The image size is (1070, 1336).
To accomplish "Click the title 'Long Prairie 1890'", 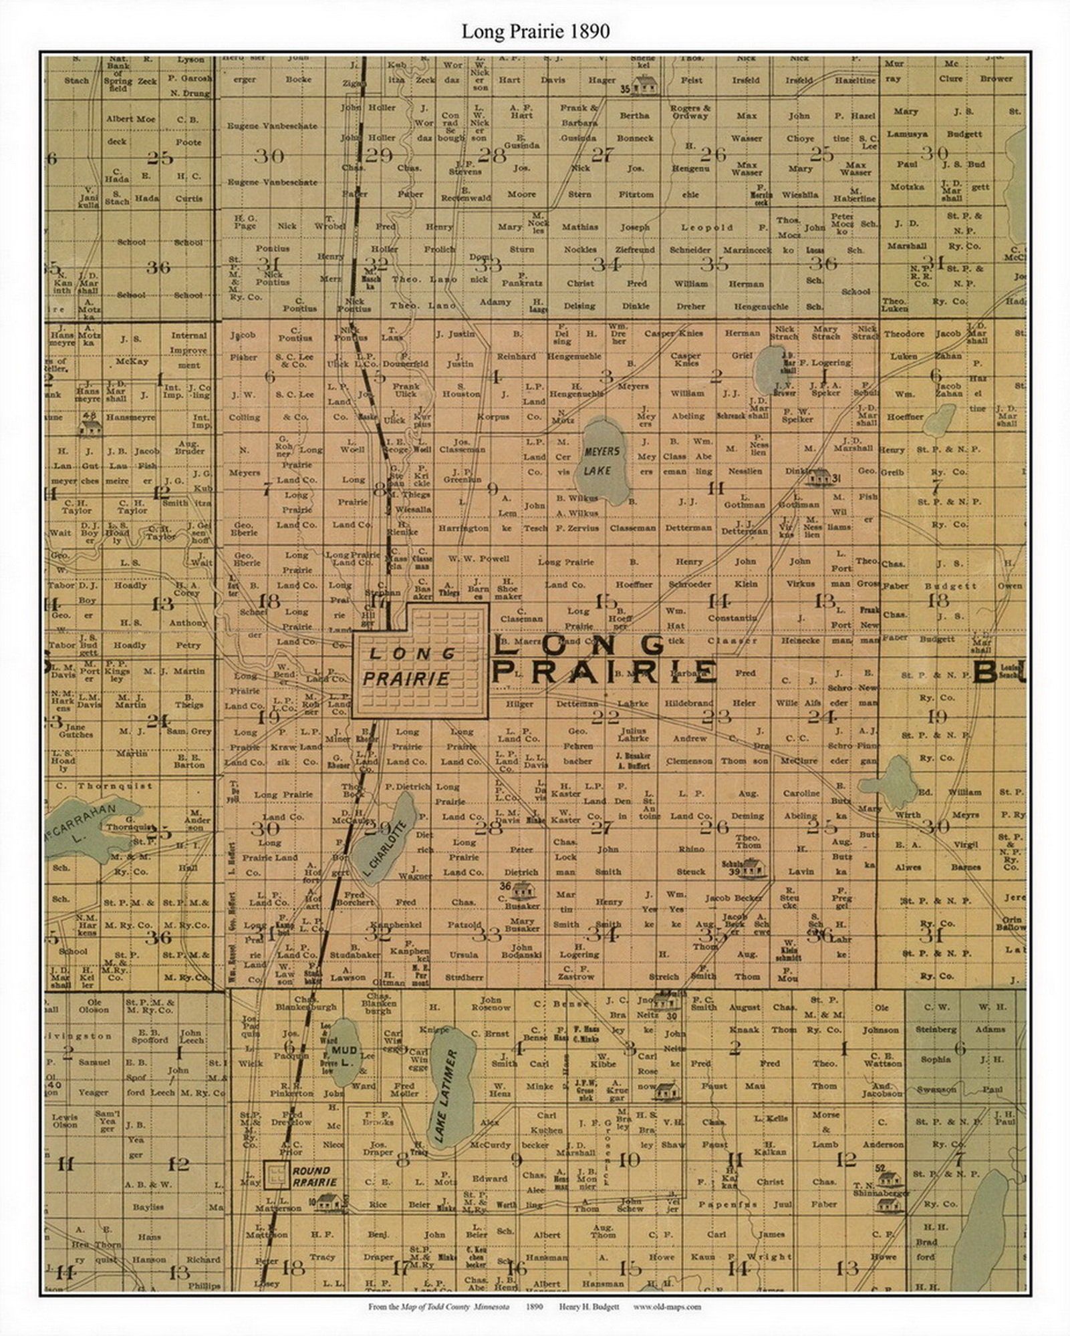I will pyautogui.click(x=535, y=31).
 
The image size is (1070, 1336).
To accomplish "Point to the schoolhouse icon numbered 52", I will pyautogui.click(x=888, y=1179).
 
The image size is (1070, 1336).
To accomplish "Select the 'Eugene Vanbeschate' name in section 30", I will pyautogui.click(x=272, y=126).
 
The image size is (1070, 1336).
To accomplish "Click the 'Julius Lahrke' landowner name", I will pyautogui.click(x=633, y=733).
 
